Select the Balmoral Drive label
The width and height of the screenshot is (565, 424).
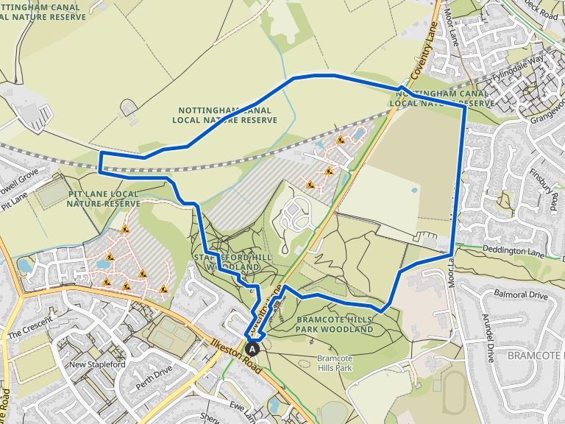pos(521,295)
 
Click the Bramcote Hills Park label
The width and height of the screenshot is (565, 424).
pos(335,363)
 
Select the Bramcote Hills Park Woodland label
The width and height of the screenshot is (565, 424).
pos(335,325)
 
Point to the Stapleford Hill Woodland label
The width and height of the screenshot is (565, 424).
pos(229,261)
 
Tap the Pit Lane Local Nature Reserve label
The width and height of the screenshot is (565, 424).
pos(103,198)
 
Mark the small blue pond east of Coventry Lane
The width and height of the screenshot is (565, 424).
pos(414,189)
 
